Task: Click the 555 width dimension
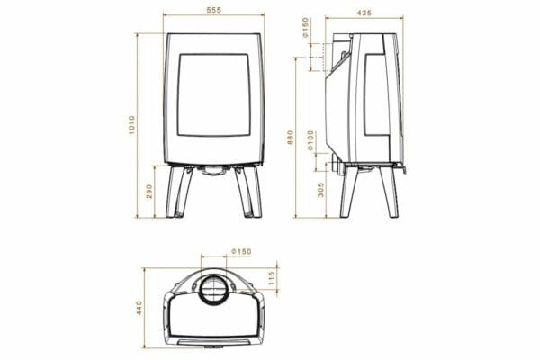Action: [214, 9]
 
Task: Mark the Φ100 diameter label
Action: [311, 140]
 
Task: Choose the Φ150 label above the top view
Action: [239, 251]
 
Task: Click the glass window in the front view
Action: [214, 94]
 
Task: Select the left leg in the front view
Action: [176, 193]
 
